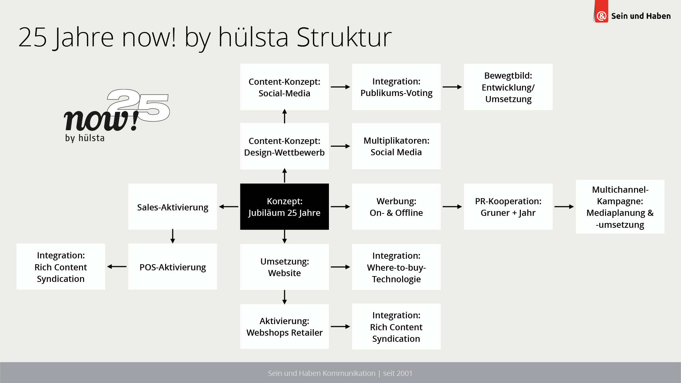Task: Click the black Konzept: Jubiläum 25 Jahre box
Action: pyautogui.click(x=284, y=207)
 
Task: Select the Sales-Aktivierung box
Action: pyautogui.click(x=173, y=207)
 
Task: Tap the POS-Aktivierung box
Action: pyautogui.click(x=173, y=267)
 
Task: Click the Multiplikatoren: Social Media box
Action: pyautogui.click(x=396, y=146)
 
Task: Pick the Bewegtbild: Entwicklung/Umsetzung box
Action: pyautogui.click(x=508, y=87)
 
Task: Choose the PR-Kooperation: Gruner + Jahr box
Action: pyautogui.click(x=508, y=207)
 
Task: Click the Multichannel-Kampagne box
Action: pyautogui.click(x=620, y=207)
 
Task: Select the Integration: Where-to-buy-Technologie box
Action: pyautogui.click(x=396, y=267)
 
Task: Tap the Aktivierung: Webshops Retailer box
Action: pyautogui.click(x=284, y=326)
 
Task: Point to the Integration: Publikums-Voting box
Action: pyautogui.click(x=396, y=87)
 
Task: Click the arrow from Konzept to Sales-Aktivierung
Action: pyautogui.click(x=229, y=207)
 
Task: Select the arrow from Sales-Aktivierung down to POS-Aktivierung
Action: pyautogui.click(x=173, y=236)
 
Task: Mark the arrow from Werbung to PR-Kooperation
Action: pyautogui.click(x=452, y=207)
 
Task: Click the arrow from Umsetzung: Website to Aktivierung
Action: pyautogui.click(x=285, y=297)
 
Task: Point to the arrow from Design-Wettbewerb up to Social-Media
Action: pyautogui.click(x=285, y=116)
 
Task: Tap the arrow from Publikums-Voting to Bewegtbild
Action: pyautogui.click(x=452, y=87)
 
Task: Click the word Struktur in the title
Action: pyautogui.click(x=344, y=37)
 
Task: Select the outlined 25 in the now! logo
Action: pyautogui.click(x=138, y=105)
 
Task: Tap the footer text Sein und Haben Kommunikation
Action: pyautogui.click(x=321, y=373)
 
